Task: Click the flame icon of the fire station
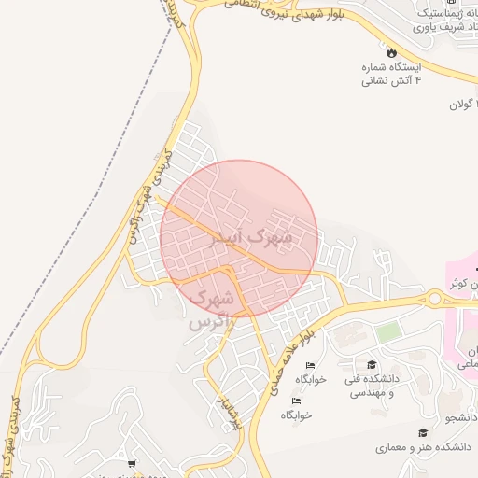[x=391, y=53]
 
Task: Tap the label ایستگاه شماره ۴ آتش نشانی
[x=392, y=74]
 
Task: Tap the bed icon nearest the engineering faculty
[x=310, y=365]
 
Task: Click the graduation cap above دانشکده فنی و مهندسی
[x=372, y=365]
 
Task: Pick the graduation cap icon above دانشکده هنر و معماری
[x=423, y=432]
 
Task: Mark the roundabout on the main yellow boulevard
[x=435, y=299]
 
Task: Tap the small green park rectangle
[x=388, y=331]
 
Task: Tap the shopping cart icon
[x=132, y=463]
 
